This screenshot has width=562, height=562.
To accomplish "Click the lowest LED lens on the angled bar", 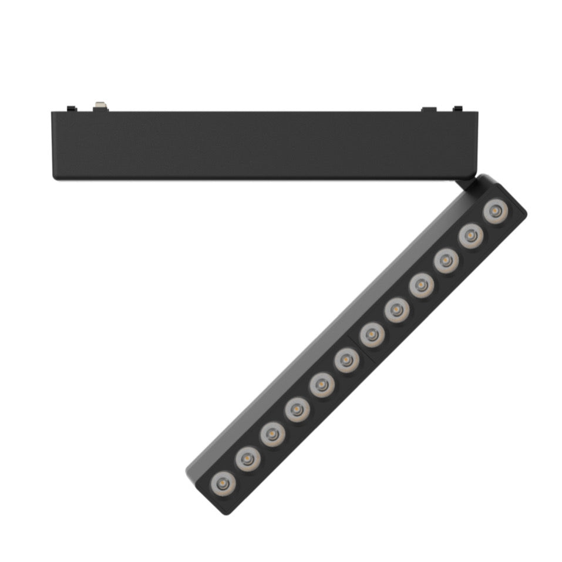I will point(223,483).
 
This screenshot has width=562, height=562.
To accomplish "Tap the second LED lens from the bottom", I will point(247,458).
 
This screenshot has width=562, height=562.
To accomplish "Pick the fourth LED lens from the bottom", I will point(297,409).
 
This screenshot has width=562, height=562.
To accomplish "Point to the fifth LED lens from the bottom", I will point(322,384).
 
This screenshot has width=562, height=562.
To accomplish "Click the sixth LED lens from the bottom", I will point(346,359).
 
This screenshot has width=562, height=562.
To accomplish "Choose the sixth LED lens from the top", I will point(372,335).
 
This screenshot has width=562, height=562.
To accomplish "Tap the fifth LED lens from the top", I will point(396,309).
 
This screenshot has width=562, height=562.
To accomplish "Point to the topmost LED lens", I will point(495,210).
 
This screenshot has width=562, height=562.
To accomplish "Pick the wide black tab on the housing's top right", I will point(429,109).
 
